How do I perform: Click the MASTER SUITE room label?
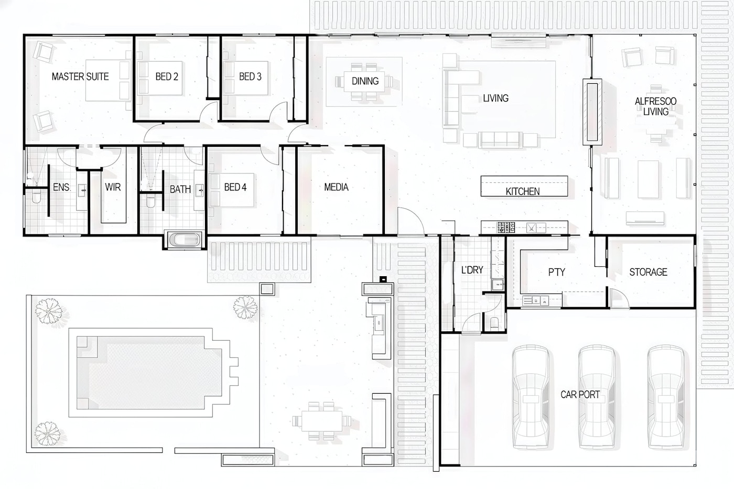[x=80, y=77]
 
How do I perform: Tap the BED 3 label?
[x=251, y=77]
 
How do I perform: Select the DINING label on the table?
[x=365, y=81]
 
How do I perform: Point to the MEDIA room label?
[x=336, y=187]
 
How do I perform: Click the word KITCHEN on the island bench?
[x=523, y=191]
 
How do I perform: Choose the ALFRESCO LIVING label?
[x=656, y=106]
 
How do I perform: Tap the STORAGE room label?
[x=648, y=272]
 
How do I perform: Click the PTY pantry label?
[x=557, y=272]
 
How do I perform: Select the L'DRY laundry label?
[x=472, y=270]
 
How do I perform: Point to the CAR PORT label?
[x=580, y=394]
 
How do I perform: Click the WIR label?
[x=113, y=187]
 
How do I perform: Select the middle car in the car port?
[x=597, y=396]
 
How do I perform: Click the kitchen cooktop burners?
[x=505, y=227]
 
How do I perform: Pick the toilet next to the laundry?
[x=494, y=323]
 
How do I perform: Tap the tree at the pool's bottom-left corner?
[x=48, y=433]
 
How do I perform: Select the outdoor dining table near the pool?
[x=322, y=420]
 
